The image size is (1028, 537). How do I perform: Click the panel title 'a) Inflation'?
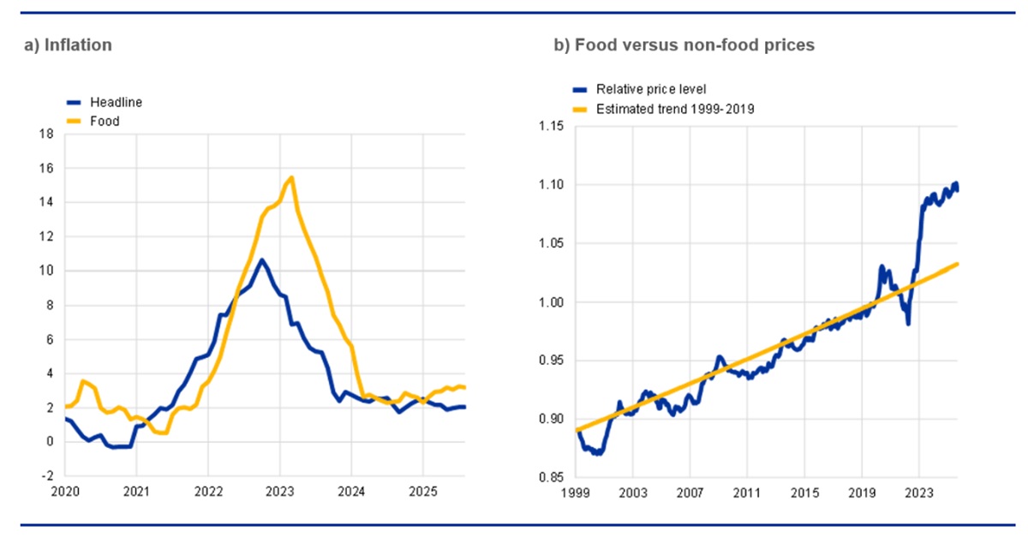[x=68, y=45]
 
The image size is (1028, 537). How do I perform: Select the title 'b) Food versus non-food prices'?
[x=684, y=45]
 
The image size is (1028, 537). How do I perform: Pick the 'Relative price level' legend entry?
[x=648, y=89]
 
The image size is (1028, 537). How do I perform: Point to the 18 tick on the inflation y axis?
[x=48, y=134]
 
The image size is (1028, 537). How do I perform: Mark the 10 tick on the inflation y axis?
[x=48, y=271]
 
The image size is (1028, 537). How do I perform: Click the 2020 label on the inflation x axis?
[x=65, y=492]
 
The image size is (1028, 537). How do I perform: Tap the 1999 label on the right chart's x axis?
[x=575, y=492]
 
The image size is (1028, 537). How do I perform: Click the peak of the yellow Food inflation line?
[x=292, y=177]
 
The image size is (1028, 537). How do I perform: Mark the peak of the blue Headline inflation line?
[x=262, y=259]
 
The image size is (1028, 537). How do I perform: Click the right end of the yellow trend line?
[x=957, y=264]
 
